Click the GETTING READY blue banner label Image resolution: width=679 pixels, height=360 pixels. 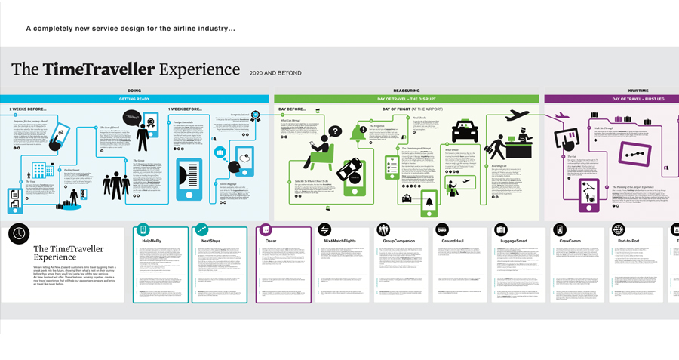pos(134,99)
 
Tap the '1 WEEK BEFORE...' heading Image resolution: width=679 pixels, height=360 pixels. pos(185,109)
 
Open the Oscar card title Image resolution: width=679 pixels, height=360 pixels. pos(269,241)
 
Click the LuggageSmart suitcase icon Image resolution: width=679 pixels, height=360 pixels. pos(501,229)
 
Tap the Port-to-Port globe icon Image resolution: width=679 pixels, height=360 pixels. pos(619,229)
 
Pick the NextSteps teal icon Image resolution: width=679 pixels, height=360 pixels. pos(201,229)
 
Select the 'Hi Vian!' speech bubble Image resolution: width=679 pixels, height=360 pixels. pos(133,117)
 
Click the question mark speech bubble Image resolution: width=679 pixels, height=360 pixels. pos(334,131)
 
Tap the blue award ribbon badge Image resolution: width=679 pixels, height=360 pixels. pos(256,116)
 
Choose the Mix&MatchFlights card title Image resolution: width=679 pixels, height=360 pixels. pos(339,241)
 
